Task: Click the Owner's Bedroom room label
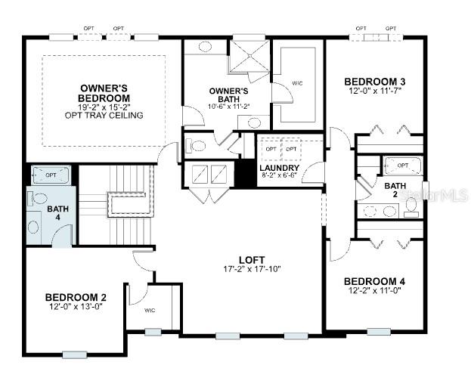click(104, 93)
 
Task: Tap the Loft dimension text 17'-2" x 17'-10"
click(252, 269)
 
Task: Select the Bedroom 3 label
click(375, 82)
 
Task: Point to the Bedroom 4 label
click(374, 282)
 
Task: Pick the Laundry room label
click(280, 168)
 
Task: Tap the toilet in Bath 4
click(38, 199)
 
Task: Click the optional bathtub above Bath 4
click(51, 175)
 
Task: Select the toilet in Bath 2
click(411, 207)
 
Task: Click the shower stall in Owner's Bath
click(249, 56)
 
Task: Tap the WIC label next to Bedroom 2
click(150, 311)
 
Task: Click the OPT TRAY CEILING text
click(104, 116)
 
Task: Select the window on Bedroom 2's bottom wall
click(75, 355)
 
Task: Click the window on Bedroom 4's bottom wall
click(379, 332)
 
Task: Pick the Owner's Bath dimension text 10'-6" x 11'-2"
click(229, 107)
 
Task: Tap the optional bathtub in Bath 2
click(404, 166)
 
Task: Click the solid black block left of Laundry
click(246, 173)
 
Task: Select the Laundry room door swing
click(312, 172)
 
